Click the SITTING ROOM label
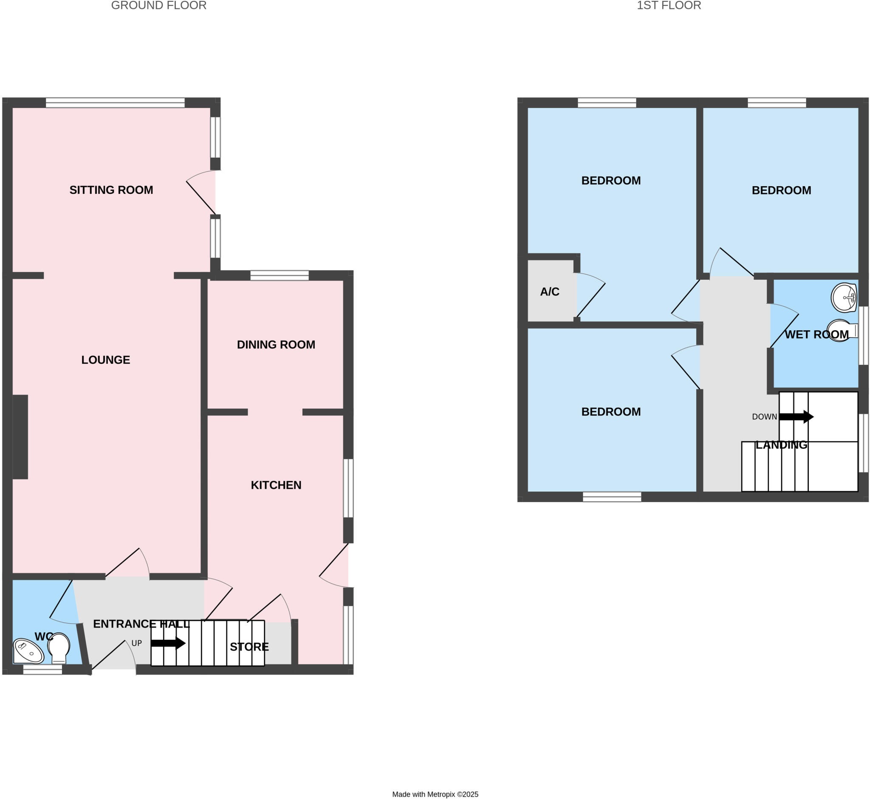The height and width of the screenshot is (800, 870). click(111, 190)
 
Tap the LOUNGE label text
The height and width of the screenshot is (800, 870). click(105, 360)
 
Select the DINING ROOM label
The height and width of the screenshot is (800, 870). click(276, 345)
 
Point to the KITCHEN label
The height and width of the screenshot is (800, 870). click(276, 485)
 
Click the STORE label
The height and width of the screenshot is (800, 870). click(249, 647)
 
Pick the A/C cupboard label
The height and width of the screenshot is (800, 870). click(549, 292)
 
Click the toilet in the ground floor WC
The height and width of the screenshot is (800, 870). click(59, 648)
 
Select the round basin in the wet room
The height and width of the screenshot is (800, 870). click(844, 298)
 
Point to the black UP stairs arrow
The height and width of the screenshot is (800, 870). click(168, 643)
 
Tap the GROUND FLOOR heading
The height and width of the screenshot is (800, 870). click(159, 6)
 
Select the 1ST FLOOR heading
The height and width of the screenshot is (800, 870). click(669, 6)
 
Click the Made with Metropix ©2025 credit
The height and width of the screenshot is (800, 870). click(435, 794)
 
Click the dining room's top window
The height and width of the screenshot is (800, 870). click(280, 275)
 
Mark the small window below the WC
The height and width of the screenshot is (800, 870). click(42, 669)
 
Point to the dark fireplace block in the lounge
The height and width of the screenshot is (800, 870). click(20, 437)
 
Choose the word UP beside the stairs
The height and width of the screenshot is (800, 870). click(136, 643)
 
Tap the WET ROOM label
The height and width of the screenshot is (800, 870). click(816, 335)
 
